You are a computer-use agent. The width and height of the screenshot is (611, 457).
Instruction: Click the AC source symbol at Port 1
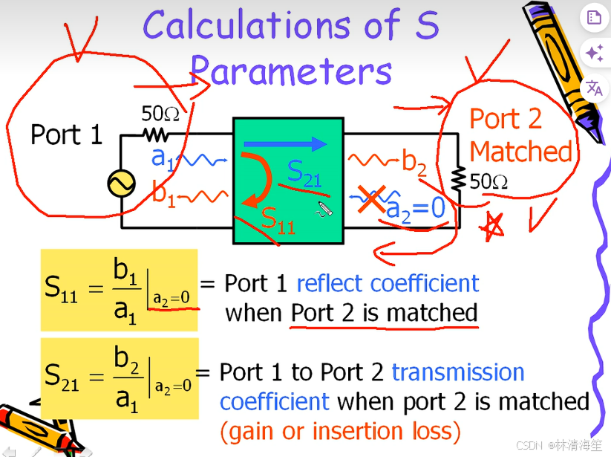pos(120,184)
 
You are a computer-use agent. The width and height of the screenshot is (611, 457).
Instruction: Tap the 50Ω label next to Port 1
pos(160,114)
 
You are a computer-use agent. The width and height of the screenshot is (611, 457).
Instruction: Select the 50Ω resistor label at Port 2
pos(489,181)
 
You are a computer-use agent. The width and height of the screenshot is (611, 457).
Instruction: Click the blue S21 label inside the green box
pos(304,172)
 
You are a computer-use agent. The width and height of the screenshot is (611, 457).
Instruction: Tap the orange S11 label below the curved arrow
pos(278,218)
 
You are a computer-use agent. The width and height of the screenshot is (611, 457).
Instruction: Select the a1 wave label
pos(162,157)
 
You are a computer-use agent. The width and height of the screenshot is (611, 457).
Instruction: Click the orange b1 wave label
pos(163,194)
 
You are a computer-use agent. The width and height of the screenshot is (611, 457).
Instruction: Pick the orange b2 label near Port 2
pos(414,161)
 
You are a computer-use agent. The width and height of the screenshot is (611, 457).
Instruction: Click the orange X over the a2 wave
pos(370,201)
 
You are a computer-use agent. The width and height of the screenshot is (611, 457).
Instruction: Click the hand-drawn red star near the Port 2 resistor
pos(491,226)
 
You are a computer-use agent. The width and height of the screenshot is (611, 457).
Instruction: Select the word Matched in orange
pos(520,152)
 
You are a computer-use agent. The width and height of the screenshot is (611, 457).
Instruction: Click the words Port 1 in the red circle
pos(65,134)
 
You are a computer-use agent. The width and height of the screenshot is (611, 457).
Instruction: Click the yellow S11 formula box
pos(119,289)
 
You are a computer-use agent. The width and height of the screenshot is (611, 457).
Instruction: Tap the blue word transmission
pos(458,372)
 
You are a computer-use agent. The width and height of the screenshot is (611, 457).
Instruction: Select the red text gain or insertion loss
pos(340,430)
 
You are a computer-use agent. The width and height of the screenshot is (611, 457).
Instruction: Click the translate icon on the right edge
pos(594,88)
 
